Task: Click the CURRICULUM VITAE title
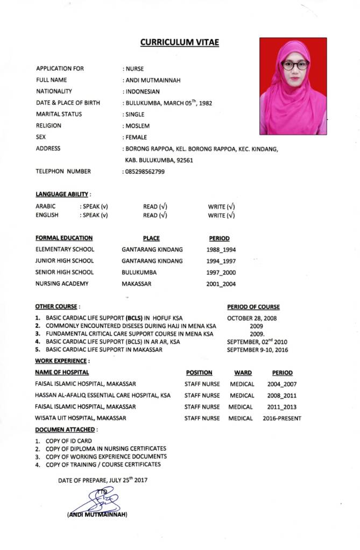click(x=180, y=42)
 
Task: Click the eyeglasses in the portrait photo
click(x=295, y=65)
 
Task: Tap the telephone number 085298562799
click(x=145, y=172)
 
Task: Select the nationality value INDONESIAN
click(x=143, y=91)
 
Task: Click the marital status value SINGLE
click(x=135, y=115)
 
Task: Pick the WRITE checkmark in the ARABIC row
click(x=231, y=206)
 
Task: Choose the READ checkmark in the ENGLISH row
click(x=163, y=216)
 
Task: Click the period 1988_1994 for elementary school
click(x=221, y=249)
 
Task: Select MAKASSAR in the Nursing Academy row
click(x=137, y=284)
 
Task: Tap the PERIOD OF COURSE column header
click(x=253, y=307)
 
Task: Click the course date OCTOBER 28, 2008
click(x=252, y=318)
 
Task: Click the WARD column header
click(x=243, y=373)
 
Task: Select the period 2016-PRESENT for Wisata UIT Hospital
click(x=282, y=418)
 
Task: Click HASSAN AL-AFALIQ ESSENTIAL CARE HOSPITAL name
click(x=103, y=395)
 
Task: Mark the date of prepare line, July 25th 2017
click(x=103, y=480)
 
